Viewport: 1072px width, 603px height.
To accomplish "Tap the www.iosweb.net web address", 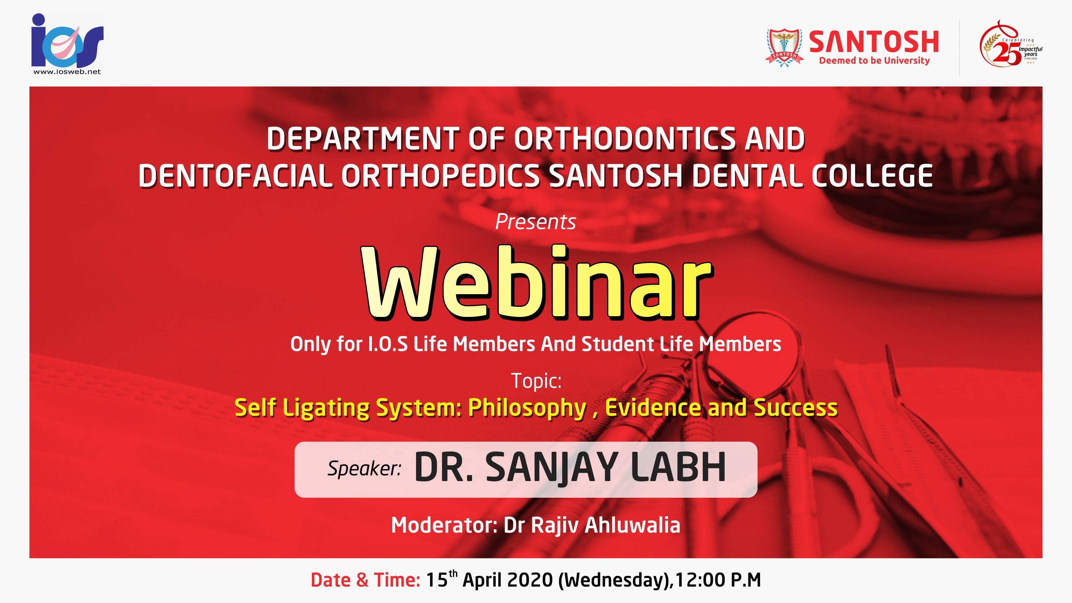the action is click(x=67, y=72).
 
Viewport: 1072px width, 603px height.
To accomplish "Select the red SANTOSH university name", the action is click(x=874, y=42).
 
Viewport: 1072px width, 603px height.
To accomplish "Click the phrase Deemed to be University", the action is click(x=874, y=61).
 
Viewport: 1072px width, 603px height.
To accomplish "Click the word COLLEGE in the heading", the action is click(x=872, y=175).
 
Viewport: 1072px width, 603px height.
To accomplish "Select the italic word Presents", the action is click(x=536, y=221).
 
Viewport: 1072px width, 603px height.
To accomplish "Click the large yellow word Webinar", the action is click(x=537, y=282).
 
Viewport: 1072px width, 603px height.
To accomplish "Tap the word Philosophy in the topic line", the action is click(x=527, y=408).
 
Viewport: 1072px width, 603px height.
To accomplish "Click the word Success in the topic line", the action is click(x=795, y=407).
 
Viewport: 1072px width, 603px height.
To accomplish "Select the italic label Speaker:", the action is click(x=364, y=468).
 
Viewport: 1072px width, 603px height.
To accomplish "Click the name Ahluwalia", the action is click(x=632, y=525).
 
